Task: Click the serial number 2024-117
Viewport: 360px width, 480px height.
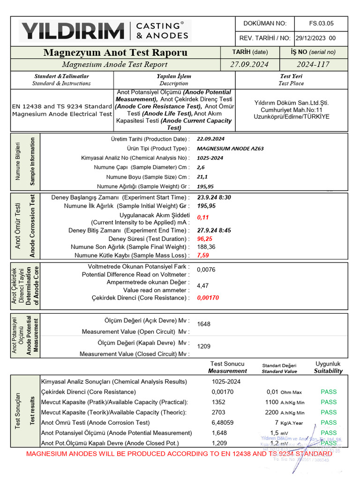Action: coord(313,65)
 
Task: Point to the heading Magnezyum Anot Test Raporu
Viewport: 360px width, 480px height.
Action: coord(115,52)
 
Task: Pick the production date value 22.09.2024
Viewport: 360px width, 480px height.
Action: coord(210,139)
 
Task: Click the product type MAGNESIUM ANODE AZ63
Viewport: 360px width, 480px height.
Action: coord(230,149)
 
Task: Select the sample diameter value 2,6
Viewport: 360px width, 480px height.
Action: coord(201,167)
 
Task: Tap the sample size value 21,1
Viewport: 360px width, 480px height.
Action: coord(202,177)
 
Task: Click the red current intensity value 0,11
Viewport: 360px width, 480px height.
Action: coord(202,217)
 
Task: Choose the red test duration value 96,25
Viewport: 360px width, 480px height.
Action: coord(205,239)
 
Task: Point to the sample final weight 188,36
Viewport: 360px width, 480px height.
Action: coord(206,247)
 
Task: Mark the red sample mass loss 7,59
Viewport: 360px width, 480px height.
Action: coord(203,255)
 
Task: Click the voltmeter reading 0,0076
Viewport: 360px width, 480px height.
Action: coord(206,270)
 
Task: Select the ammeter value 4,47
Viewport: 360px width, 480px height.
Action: coord(202,285)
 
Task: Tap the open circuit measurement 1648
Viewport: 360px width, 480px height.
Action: coord(204,324)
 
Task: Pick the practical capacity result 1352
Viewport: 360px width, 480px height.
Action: coord(219,402)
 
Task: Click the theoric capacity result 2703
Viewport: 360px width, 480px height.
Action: coord(219,412)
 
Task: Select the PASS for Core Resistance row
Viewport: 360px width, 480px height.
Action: coord(329,392)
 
